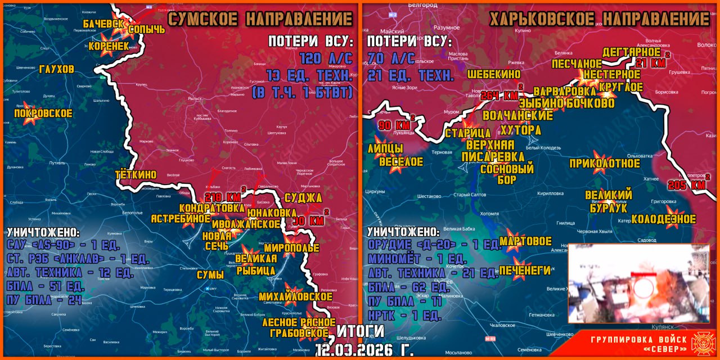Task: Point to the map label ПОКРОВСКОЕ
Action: [43, 114]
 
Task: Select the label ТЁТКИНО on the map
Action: [136, 175]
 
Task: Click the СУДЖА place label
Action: [303, 198]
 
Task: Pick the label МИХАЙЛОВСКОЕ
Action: [296, 296]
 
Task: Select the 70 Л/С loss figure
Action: [391, 59]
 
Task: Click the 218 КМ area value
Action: [223, 197]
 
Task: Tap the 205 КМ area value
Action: [687, 185]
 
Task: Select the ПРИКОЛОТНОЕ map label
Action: [605, 164]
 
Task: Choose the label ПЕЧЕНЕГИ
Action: [525, 271]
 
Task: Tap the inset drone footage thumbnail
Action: [638, 283]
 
